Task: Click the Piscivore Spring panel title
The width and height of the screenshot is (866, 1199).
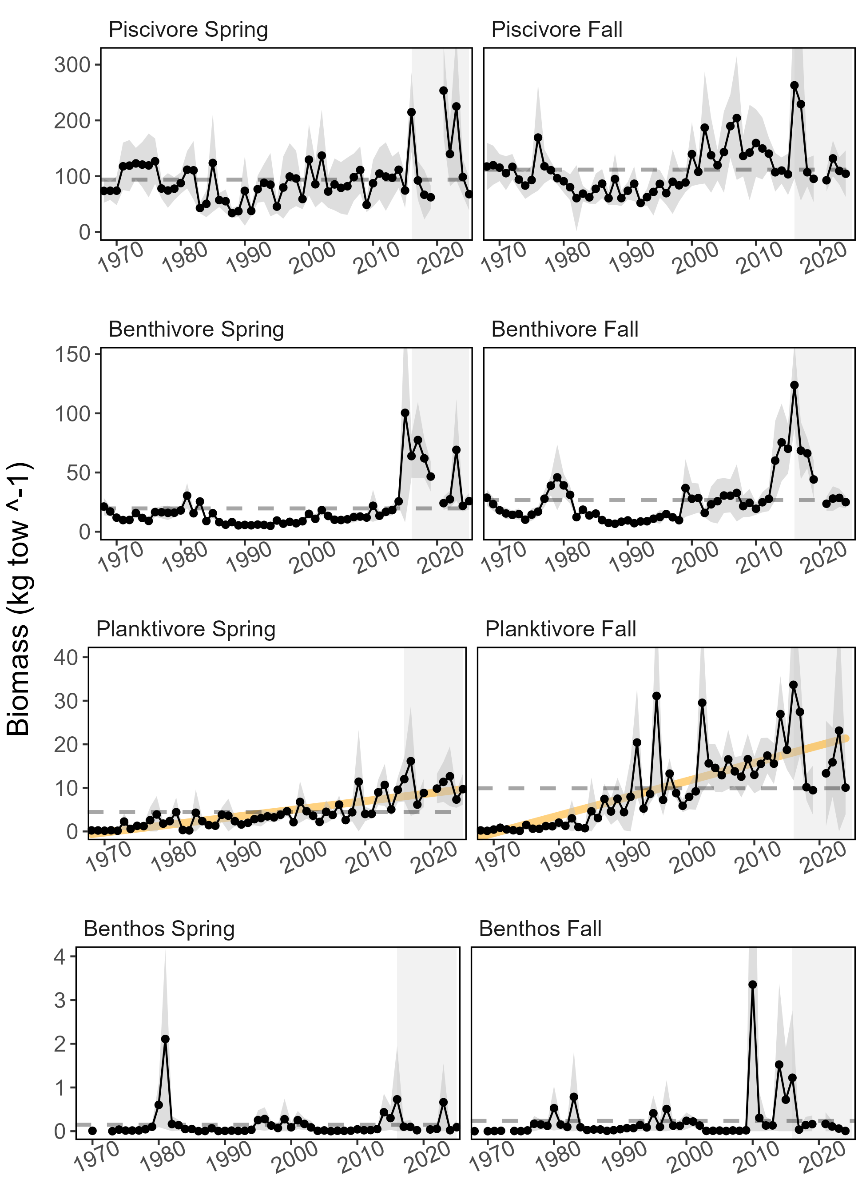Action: click(188, 30)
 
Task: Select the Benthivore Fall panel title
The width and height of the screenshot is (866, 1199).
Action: click(564, 330)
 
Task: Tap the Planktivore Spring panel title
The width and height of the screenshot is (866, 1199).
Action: click(186, 629)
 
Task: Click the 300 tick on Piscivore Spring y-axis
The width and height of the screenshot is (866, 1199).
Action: click(72, 65)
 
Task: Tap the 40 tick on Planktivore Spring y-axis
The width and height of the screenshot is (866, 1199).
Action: click(66, 657)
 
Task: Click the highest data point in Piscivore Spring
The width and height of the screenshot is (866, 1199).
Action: click(444, 91)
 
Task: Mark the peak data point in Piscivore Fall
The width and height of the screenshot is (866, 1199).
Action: click(794, 85)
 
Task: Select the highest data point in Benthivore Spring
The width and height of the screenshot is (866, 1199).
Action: click(405, 413)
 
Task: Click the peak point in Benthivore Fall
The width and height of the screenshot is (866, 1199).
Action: click(794, 385)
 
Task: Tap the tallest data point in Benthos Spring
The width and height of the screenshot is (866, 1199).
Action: click(166, 1039)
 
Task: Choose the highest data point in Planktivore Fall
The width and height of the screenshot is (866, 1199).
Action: click(793, 685)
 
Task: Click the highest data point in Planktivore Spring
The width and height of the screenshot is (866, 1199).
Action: click(411, 761)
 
